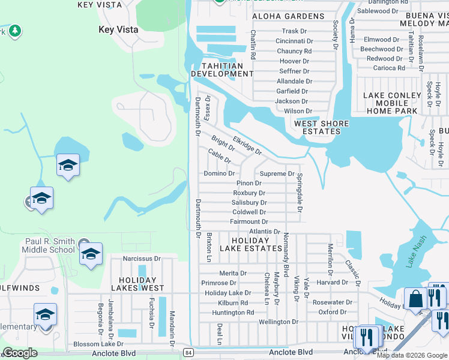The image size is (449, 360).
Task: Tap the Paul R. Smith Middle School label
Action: (x=50, y=245)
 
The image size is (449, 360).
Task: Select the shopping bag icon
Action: (x=415, y=299)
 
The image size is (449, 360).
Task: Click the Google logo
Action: (x=20, y=352)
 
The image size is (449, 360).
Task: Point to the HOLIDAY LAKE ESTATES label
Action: (x=249, y=244)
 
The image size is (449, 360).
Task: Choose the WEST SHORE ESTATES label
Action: (x=321, y=127)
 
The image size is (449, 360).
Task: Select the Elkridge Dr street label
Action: (x=247, y=145)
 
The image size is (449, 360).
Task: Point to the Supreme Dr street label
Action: (x=277, y=174)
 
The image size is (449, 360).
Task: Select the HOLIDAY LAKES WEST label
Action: (x=142, y=284)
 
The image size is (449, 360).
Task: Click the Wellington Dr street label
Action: (x=279, y=322)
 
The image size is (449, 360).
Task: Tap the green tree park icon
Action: (x=15, y=30)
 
